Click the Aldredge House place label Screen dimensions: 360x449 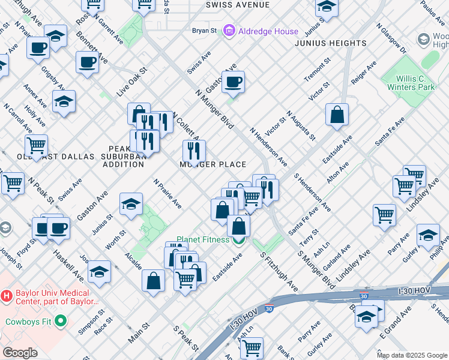[261, 30]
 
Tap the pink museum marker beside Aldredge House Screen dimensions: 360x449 [229, 30]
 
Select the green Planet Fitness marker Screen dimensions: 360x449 [239, 240]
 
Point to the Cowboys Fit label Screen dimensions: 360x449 [31, 322]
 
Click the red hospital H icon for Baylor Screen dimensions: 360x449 [7, 296]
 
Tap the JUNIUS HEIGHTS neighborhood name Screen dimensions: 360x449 [331, 43]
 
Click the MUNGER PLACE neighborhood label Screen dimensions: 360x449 [213, 164]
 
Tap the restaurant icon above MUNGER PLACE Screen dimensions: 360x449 [194, 151]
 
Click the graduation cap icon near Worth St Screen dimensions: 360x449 [131, 205]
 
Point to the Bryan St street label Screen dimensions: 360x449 [204, 31]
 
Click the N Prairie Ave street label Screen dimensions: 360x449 [167, 193]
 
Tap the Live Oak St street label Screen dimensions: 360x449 [132, 82]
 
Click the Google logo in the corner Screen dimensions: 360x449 [20, 353]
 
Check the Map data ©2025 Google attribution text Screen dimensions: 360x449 [412, 355]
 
